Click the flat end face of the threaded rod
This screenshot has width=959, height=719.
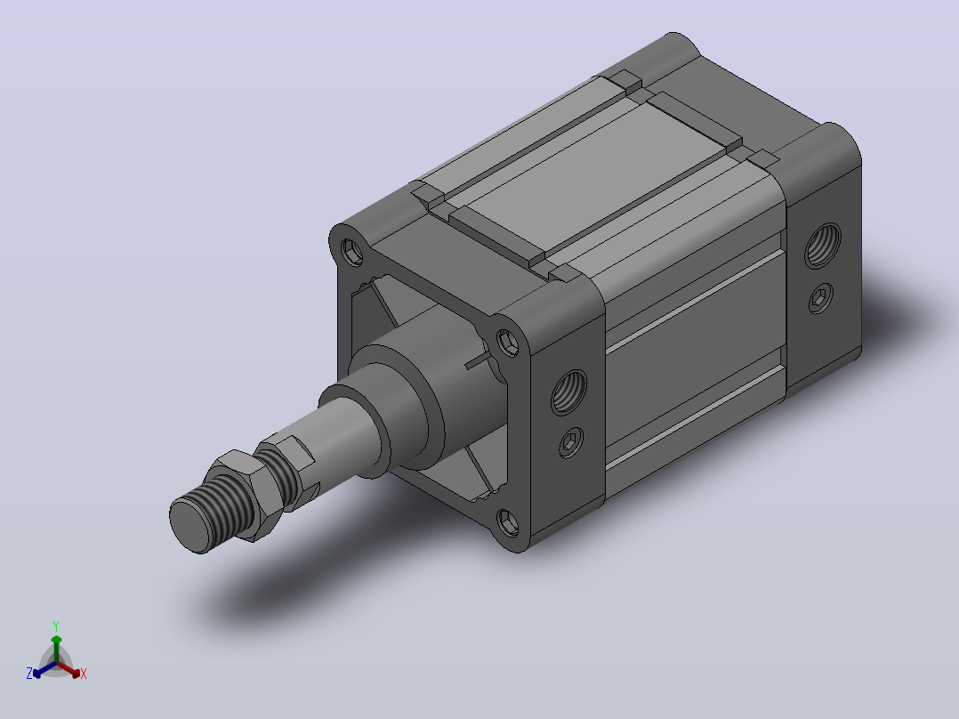point(189,525)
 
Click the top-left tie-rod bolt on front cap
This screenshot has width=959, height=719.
point(353,252)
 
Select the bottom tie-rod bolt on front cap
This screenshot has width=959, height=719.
point(507,522)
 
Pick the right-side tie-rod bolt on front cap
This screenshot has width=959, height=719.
point(507,342)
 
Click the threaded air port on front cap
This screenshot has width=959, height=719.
point(568,392)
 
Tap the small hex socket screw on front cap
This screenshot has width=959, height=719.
point(570,441)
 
